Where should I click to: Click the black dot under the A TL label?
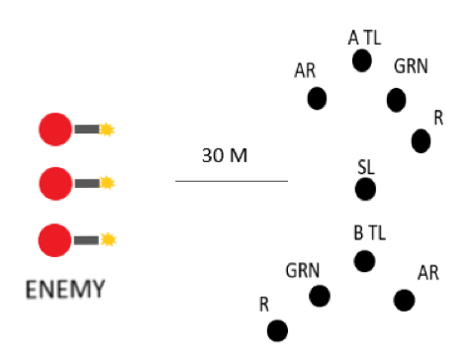(362, 61)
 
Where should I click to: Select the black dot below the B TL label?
(364, 261)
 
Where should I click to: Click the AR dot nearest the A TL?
(317, 98)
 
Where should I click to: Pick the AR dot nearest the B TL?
(404, 300)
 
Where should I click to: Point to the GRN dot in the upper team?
(396, 99)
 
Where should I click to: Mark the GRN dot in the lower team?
(319, 296)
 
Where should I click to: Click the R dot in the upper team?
(421, 141)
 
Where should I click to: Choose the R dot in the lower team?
(277, 329)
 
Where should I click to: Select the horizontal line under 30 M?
(232, 181)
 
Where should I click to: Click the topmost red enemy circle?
(54, 129)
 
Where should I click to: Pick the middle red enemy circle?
(54, 182)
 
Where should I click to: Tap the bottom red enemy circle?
(54, 239)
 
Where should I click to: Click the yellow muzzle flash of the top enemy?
(107, 129)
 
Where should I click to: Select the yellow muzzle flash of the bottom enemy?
(107, 239)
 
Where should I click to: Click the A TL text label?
(364, 37)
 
